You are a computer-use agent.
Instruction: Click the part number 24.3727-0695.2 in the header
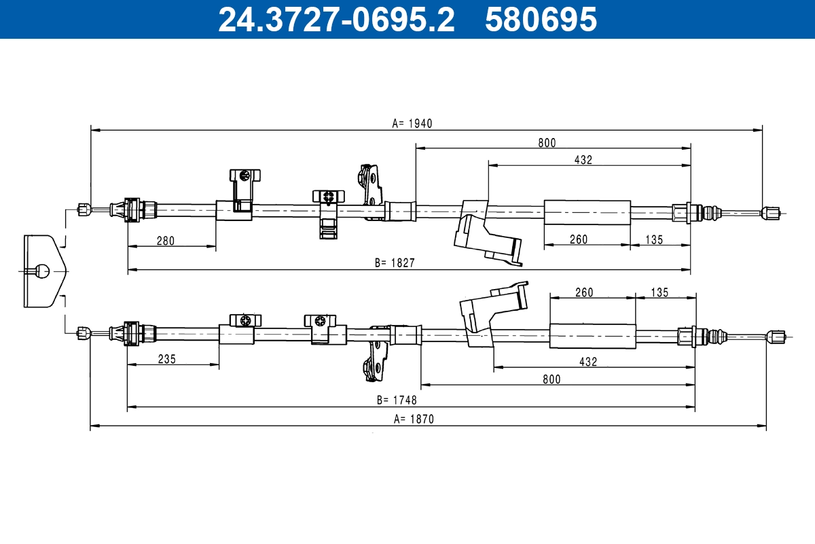pyautogui.click(x=336, y=20)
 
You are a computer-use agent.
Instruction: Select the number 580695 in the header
pyautogui.click(x=541, y=20)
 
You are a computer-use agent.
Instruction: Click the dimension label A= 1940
pyautogui.click(x=412, y=123)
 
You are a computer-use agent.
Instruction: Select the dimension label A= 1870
pyautogui.click(x=412, y=419)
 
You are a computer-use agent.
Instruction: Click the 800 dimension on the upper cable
pyautogui.click(x=547, y=142)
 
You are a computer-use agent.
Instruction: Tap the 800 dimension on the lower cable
pyautogui.click(x=552, y=379)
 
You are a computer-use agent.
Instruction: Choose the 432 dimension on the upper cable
pyautogui.click(x=583, y=160)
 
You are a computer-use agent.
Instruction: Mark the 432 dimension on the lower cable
pyautogui.click(x=588, y=362)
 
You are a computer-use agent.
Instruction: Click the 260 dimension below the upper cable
pyautogui.click(x=579, y=239)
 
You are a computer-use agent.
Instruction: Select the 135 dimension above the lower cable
pyautogui.click(x=659, y=292)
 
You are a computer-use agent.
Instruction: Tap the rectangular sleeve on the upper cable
pyautogui.click(x=587, y=212)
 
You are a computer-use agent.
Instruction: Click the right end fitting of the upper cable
pyautogui.click(x=770, y=213)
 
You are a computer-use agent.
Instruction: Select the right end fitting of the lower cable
pyautogui.click(x=775, y=336)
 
